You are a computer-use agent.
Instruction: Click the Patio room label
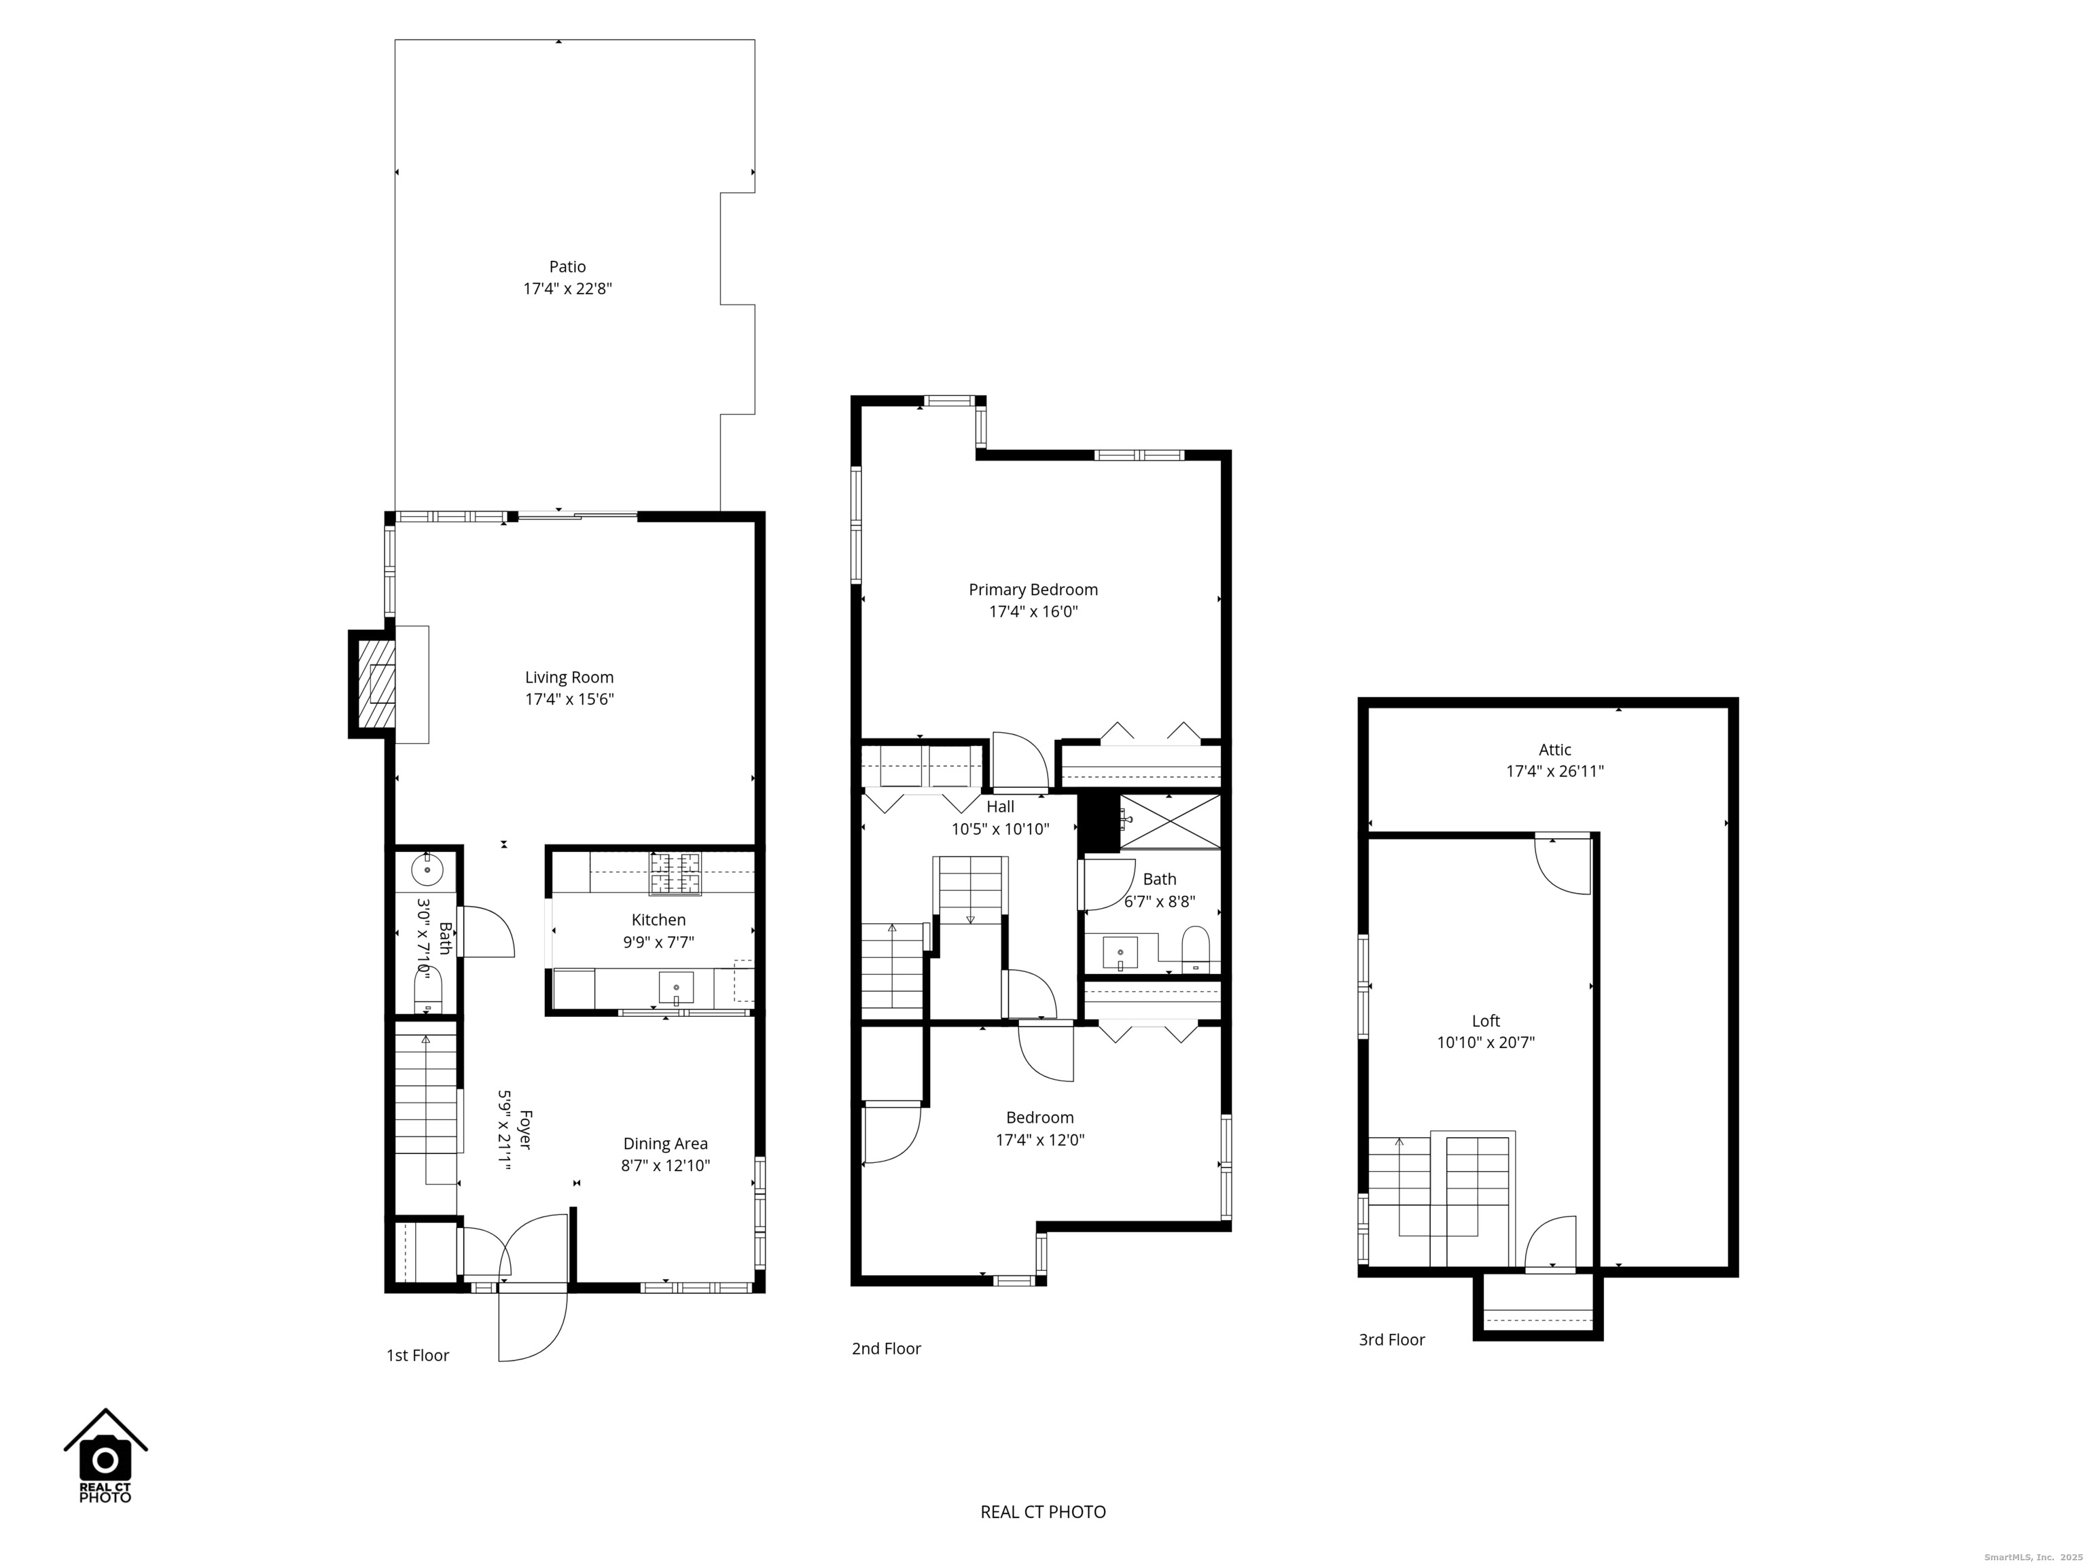pos(567,267)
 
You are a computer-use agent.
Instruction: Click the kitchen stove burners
pos(675,873)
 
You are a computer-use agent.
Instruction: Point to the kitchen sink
pos(675,988)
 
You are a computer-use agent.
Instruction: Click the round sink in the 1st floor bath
pos(427,869)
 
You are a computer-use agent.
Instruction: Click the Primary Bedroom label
pos(1033,590)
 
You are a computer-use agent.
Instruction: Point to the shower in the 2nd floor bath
pos(1170,822)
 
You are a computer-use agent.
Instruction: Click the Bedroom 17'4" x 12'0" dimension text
pos(1039,1140)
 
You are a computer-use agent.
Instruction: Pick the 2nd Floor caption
pos(886,1348)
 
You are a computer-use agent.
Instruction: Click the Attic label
pos(1555,750)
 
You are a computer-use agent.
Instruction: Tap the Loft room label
pos(1486,1021)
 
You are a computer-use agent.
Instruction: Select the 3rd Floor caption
pos(1391,1339)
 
